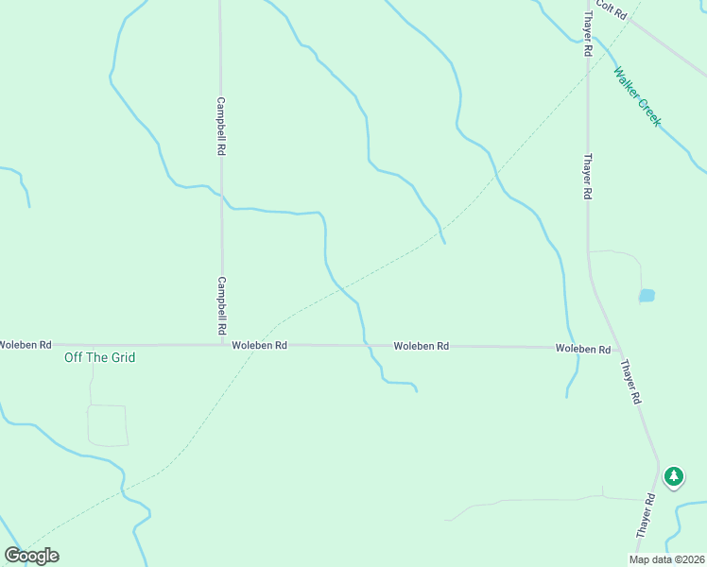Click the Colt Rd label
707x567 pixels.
[612, 10]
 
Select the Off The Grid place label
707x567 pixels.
[99, 357]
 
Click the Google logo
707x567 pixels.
[31, 556]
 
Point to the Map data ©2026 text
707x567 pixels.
[667, 559]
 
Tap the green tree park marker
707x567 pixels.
[674, 476]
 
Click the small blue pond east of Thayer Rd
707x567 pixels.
[647, 296]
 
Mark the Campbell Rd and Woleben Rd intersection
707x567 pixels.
[223, 345]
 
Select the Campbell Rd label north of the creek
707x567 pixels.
[220, 126]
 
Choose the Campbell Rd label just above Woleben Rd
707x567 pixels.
[222, 305]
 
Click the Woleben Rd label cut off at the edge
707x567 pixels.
[26, 345]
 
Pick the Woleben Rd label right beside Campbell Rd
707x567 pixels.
[260, 346]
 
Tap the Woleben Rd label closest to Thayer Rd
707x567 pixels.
[582, 349]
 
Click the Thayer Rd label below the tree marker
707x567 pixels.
[646, 516]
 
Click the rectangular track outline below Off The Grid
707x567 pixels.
[107, 425]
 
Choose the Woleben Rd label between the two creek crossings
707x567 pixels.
[422, 347]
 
